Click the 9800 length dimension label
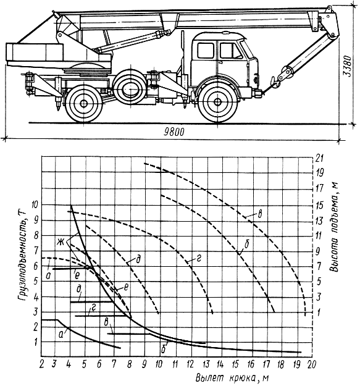tap(174, 132)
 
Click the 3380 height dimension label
tap(348, 66)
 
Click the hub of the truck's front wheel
tap(217, 102)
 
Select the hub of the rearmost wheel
tap(83, 103)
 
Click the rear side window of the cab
tap(206, 51)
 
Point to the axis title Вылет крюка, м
tap(232, 378)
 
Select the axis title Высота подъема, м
tap(334, 227)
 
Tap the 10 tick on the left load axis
tap(35, 205)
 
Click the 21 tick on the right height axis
tap(319, 158)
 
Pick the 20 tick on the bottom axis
tap(311, 364)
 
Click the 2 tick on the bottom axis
tap(42, 364)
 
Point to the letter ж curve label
tap(61, 242)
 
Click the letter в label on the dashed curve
tap(259, 214)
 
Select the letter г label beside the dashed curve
tap(199, 258)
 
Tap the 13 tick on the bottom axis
tap(206, 364)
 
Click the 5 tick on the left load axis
tap(36, 281)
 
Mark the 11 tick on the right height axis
tap(319, 236)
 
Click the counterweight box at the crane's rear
tap(35, 52)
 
